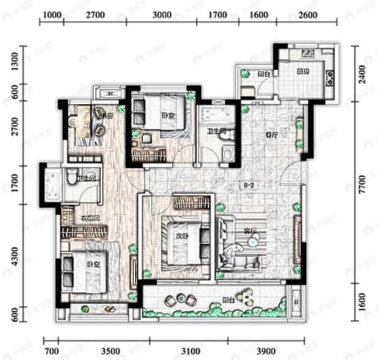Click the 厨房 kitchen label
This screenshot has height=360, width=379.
tap(302, 71)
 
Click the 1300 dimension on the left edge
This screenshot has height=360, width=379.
tap(15, 63)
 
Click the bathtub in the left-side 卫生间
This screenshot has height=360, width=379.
tap(50, 186)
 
